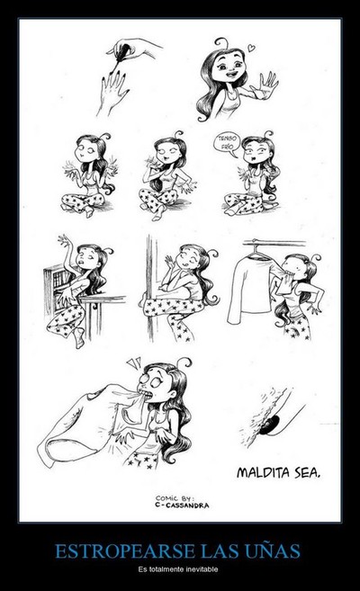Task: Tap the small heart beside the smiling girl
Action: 251,48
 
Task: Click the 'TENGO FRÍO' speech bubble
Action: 227,145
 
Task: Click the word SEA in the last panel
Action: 308,472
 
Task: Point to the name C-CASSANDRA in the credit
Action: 182,506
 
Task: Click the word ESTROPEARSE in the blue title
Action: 125,551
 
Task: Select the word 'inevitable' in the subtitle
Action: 206,569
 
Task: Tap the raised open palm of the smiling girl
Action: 265,85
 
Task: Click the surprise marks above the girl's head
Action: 133,363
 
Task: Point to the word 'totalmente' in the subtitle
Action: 170,569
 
